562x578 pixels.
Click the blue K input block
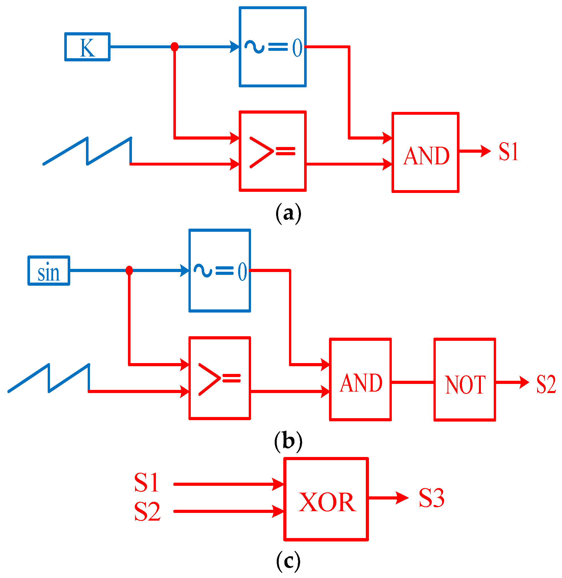[x=87, y=47]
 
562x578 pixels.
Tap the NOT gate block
[x=465, y=379]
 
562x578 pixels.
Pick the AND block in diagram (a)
[x=425, y=152]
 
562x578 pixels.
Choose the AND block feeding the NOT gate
[x=360, y=379]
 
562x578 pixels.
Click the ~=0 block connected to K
[x=272, y=47]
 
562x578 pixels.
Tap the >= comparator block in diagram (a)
[x=272, y=151]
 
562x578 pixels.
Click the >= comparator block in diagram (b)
[x=220, y=378]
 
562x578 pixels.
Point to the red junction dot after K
[x=174, y=47]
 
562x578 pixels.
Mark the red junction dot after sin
[x=129, y=270]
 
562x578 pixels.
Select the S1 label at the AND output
[x=508, y=152]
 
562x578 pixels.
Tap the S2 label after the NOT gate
[x=546, y=384]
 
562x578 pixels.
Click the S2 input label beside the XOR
[x=147, y=511]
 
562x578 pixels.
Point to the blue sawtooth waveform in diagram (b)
[x=49, y=378]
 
